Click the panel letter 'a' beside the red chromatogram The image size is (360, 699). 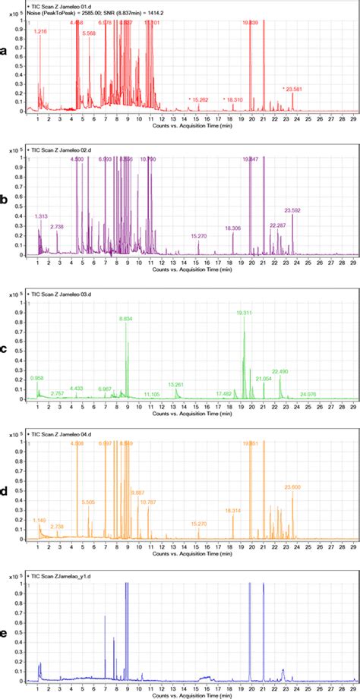coord(7,51)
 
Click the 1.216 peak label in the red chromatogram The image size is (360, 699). coord(41,31)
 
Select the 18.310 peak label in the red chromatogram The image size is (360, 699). coord(232,99)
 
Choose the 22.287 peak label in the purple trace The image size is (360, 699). coord(278,225)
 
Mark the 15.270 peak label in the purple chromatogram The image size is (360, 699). coord(199,236)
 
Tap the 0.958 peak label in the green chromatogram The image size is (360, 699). coord(37,377)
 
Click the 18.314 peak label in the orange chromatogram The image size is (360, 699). coord(233,511)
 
